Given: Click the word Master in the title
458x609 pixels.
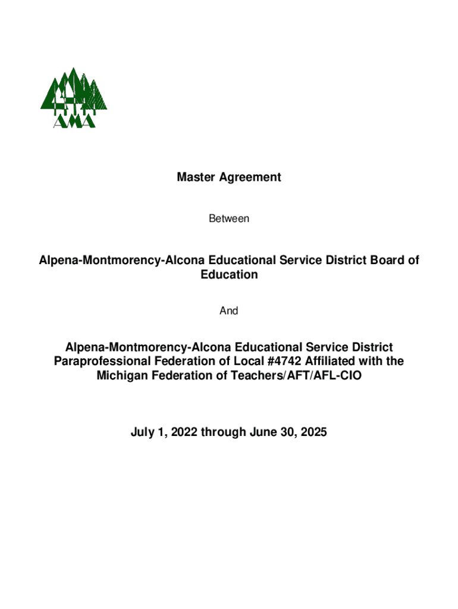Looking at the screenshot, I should click(x=195, y=177).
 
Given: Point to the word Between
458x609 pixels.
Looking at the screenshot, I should click(x=229, y=219).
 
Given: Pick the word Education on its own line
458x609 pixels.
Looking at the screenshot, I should click(x=229, y=275).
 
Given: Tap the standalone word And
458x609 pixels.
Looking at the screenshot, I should click(x=229, y=311).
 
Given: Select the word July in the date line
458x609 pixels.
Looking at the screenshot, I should click(x=143, y=433).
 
